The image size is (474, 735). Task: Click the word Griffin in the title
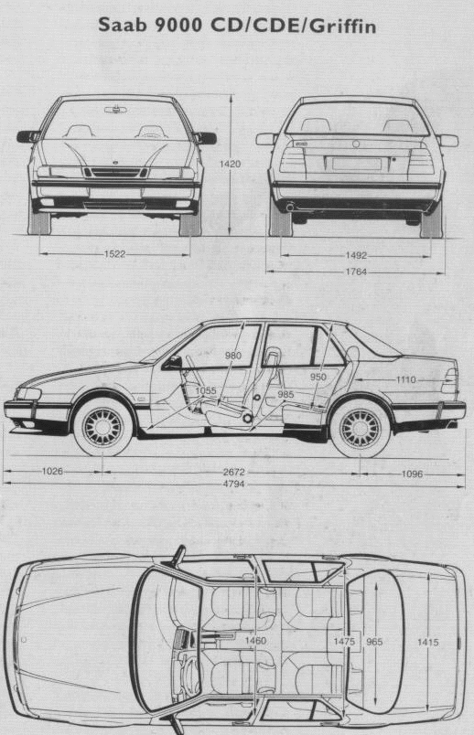343,27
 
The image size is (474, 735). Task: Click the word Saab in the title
123,26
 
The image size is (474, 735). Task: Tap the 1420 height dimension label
230,164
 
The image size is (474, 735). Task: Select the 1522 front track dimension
115,254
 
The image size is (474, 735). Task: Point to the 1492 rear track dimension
356,255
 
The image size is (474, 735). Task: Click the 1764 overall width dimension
356,272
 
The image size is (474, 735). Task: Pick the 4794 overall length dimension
233,484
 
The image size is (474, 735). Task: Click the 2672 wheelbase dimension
233,472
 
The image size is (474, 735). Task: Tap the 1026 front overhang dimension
52,471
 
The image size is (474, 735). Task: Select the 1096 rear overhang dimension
412,474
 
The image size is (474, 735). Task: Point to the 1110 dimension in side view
406,379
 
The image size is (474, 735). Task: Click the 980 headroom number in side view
233,356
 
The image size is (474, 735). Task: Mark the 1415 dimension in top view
428,642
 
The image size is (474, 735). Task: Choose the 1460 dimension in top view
255,640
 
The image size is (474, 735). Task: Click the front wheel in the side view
102,428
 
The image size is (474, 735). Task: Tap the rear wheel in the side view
361,429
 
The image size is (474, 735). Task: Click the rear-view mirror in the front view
115,110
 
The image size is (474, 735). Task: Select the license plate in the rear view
357,164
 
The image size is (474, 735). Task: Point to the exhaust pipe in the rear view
290,207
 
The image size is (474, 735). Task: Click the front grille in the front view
116,173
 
